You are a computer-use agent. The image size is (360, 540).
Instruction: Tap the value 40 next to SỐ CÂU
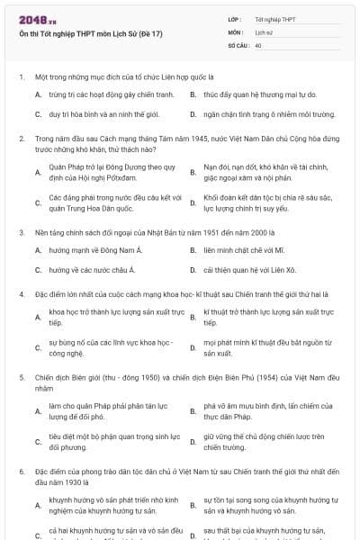point(258,44)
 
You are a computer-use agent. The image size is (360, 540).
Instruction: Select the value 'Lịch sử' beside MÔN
point(264,31)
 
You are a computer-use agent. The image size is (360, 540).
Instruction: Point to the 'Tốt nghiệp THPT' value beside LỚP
point(275,18)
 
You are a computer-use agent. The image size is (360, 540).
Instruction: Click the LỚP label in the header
point(234,18)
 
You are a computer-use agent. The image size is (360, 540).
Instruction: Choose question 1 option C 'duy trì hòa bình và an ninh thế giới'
point(100,115)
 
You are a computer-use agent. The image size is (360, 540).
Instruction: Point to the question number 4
point(21,293)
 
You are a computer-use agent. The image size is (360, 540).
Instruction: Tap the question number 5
point(21,379)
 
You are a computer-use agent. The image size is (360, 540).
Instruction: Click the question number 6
point(21,471)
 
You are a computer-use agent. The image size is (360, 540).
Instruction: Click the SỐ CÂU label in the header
point(238,44)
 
